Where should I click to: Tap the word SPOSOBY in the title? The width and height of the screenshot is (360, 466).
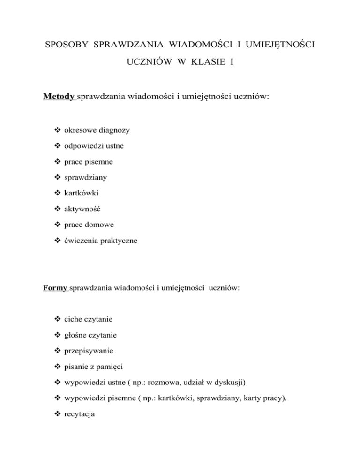pos(67,45)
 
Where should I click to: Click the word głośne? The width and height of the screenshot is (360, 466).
pos(71,337)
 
